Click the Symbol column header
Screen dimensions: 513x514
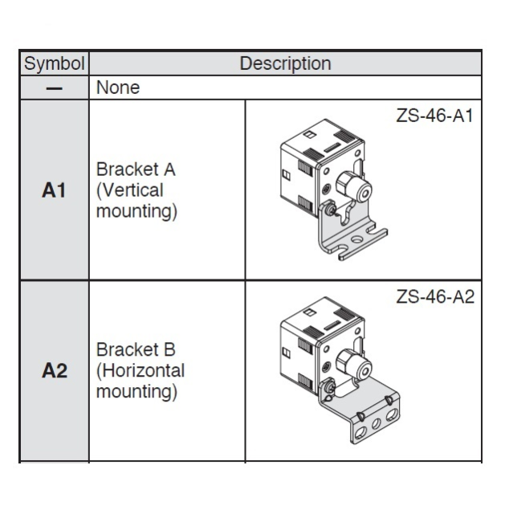click(x=55, y=63)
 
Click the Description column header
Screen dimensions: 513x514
click(x=285, y=63)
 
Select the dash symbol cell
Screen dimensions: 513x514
click(x=55, y=88)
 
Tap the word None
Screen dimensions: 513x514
click(x=118, y=88)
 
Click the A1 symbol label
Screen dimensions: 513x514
click(x=54, y=190)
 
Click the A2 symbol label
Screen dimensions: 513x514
click(x=55, y=371)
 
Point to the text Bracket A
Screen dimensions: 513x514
click(x=136, y=169)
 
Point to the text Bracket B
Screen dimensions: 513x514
click(x=136, y=349)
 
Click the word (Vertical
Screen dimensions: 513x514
click(x=130, y=190)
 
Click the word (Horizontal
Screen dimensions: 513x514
click(x=140, y=371)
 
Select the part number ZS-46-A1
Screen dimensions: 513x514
click(x=434, y=116)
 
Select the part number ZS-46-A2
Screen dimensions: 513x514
click(x=435, y=296)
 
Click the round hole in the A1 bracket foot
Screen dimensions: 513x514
click(x=356, y=239)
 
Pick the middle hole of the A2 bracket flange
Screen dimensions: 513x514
click(x=376, y=424)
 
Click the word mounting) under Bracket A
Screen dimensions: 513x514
click(x=137, y=211)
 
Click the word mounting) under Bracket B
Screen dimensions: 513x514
click(x=137, y=392)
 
